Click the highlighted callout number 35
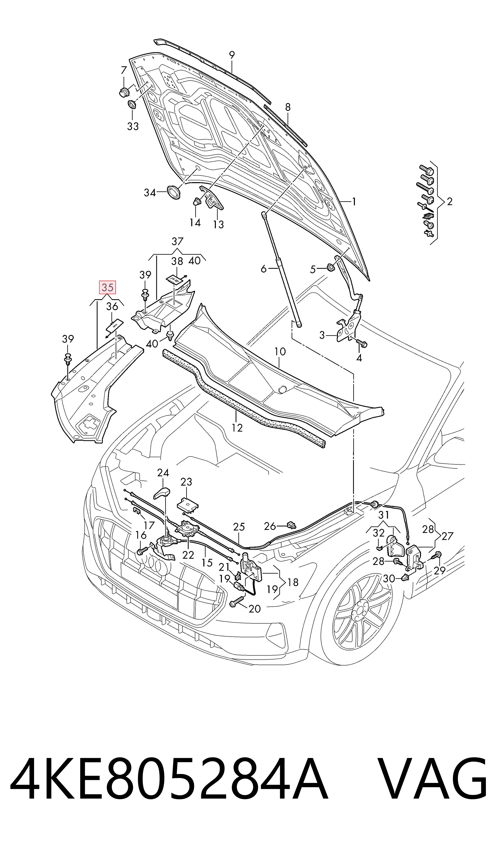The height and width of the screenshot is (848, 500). (107, 287)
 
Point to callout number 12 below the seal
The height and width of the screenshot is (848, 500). (237, 428)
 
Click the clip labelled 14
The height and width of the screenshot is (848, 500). (197, 202)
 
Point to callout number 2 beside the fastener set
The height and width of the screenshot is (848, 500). (449, 201)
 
